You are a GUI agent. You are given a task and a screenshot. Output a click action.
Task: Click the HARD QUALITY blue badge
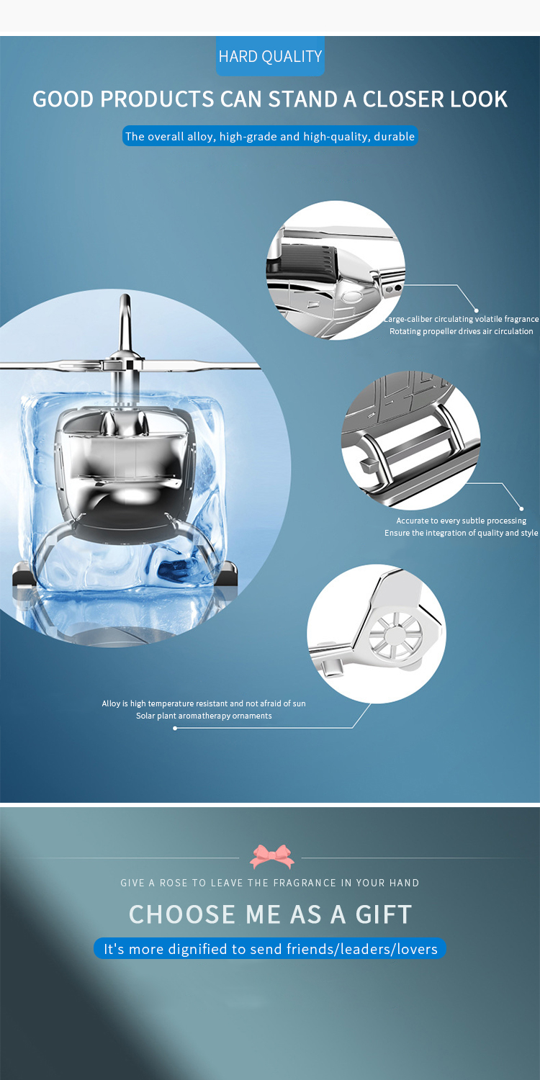(270, 56)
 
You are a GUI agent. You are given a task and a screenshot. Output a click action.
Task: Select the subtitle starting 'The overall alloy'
(270, 136)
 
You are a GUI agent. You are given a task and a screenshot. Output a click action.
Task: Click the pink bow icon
(272, 857)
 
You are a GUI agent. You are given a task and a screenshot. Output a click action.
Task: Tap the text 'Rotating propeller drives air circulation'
(461, 331)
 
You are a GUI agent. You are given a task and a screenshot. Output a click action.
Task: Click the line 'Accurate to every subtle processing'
(461, 521)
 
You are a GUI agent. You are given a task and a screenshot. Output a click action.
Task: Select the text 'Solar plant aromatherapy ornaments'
(204, 716)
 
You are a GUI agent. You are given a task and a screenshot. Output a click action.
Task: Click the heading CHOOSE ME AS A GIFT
(270, 914)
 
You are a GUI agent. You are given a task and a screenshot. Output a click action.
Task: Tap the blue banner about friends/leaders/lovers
(270, 949)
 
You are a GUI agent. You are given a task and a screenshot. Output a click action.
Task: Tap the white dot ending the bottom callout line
(175, 728)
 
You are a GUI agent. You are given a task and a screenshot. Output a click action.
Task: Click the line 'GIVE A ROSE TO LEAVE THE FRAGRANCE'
(270, 883)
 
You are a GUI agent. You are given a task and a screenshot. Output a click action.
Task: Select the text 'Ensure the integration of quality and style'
(461, 533)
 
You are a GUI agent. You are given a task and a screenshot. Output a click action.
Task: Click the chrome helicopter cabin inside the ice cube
(126, 468)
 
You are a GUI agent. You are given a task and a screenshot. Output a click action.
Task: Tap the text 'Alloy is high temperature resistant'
(204, 703)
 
